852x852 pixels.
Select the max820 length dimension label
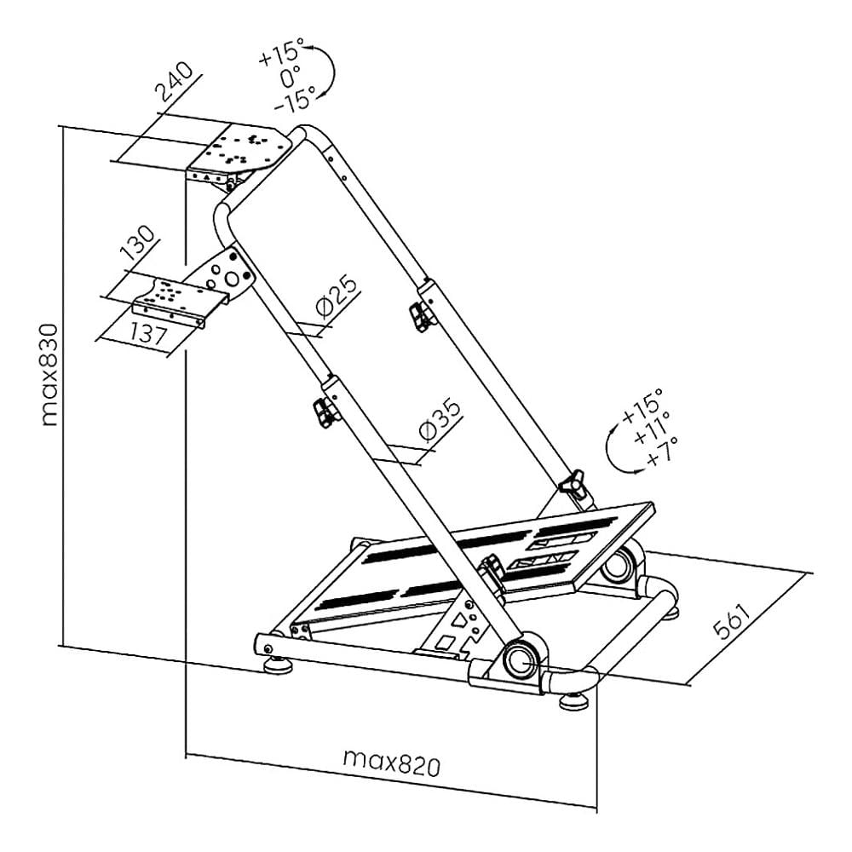click(x=392, y=763)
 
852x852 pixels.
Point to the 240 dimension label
click(x=175, y=82)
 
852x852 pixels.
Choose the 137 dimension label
click(x=147, y=332)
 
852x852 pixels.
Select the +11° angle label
click(x=653, y=427)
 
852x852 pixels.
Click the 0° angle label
click(x=291, y=77)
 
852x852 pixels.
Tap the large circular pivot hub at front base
click(x=520, y=659)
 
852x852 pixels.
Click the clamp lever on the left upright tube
click(x=324, y=412)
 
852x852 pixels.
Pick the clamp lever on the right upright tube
click(x=421, y=316)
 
